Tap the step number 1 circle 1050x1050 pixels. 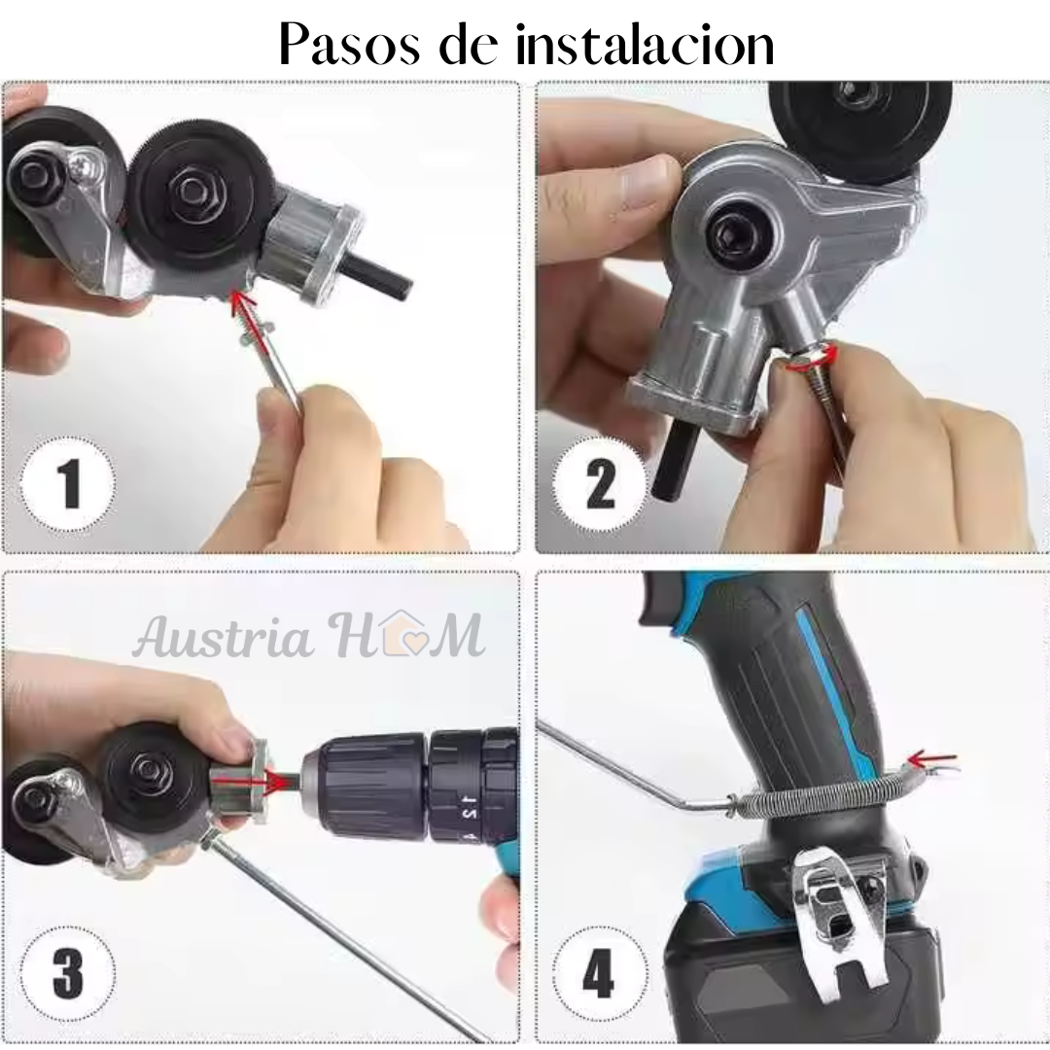click(68, 483)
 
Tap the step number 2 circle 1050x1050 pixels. click(600, 483)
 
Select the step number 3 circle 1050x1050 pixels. click(68, 974)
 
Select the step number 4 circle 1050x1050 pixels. click(600, 974)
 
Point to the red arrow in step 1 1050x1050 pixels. click(243, 309)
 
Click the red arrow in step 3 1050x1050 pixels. click(270, 780)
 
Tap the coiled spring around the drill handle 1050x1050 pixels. click(821, 793)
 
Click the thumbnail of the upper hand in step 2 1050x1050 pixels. click(644, 181)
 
